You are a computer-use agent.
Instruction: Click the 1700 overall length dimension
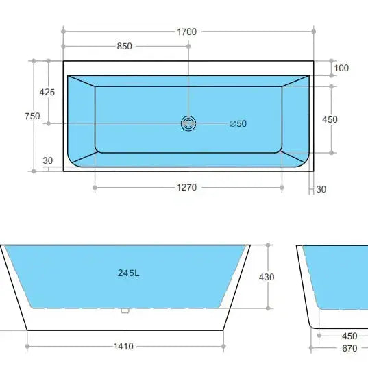pos(186,32)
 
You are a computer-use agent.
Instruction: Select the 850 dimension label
pos(124,47)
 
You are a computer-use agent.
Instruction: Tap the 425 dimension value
pos(47,92)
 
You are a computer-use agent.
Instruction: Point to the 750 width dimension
pos(32,116)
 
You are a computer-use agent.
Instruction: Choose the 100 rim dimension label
pos(341,68)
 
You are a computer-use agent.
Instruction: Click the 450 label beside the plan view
pos(330,119)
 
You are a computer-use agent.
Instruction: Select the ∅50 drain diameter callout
pos(238,123)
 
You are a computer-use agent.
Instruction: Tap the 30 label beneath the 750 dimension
pos(47,161)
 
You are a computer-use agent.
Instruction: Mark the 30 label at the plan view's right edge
pos(321,189)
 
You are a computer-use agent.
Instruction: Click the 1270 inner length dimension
pos(187,188)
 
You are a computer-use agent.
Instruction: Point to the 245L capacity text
pos(128,273)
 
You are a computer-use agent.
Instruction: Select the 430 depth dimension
pos(266,277)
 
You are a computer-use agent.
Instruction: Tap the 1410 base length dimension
pos(124,347)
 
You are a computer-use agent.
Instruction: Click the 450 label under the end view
pos(349,336)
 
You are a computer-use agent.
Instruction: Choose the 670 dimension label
pos(349,348)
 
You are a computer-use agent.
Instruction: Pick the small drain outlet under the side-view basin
pos(125,310)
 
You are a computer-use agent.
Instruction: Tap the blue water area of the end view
pos(339,274)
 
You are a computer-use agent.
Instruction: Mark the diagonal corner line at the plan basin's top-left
pos(82,81)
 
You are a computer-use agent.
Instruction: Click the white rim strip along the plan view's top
pos(186,69)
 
